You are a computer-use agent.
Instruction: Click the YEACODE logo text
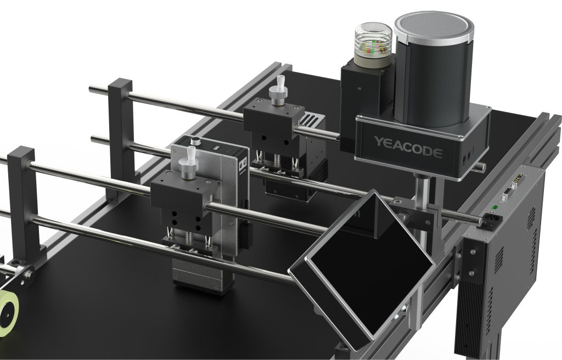(408, 147)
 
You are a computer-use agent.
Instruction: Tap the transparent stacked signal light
(373, 46)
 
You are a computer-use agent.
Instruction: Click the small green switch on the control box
(494, 207)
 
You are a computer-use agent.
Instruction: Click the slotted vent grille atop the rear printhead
(311, 119)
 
